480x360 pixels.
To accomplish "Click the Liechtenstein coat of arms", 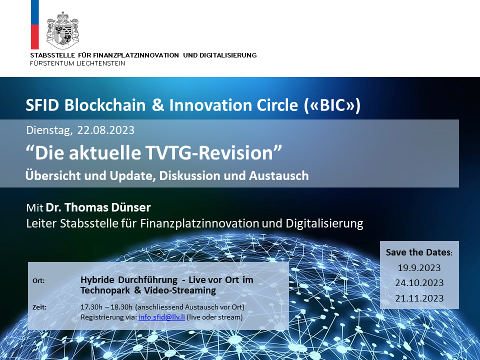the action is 63,30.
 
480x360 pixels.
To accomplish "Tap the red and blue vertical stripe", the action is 35,24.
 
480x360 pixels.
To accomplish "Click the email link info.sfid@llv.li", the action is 161,317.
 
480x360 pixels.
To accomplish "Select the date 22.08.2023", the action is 105,130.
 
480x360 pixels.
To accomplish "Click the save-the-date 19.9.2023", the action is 419,268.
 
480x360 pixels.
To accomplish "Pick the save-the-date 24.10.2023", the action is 419,283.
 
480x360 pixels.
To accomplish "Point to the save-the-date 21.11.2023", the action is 419,298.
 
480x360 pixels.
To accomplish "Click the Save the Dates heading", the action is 419,252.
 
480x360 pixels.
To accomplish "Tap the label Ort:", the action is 38,280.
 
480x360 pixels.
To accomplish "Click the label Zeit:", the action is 39,307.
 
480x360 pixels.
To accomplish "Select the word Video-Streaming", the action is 180,290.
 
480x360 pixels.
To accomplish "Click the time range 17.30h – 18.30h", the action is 106,307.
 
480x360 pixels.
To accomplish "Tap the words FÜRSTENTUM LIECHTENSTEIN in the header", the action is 77,63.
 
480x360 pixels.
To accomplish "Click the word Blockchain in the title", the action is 105,105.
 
